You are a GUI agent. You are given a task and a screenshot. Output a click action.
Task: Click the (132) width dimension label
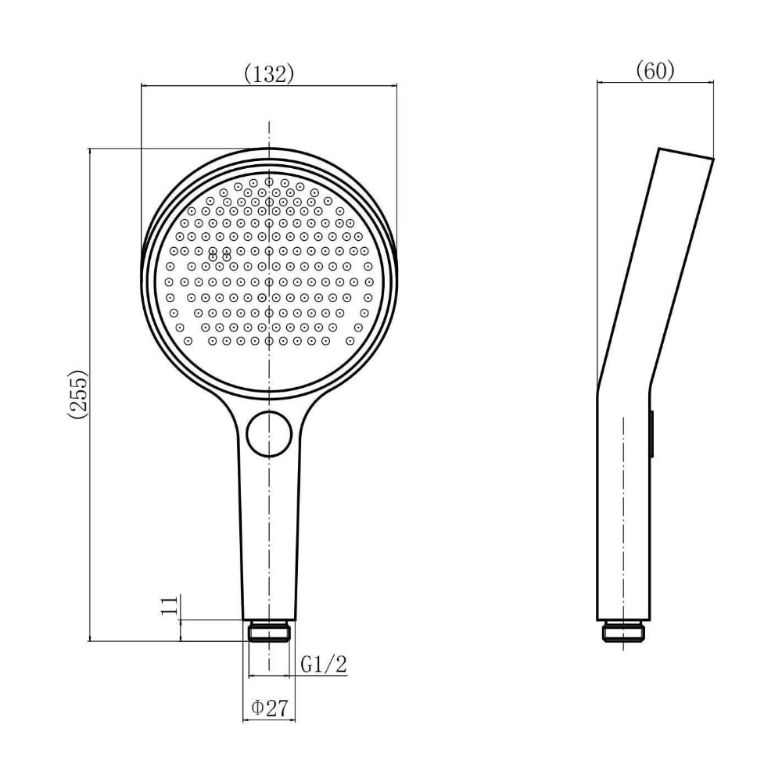click(x=269, y=74)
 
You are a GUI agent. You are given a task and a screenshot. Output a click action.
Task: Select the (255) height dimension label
click(x=77, y=394)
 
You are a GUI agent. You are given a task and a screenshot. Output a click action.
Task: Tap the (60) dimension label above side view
click(x=655, y=71)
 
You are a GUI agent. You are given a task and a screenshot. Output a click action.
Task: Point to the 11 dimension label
click(x=170, y=605)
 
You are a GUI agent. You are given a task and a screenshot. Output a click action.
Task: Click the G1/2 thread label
click(x=323, y=664)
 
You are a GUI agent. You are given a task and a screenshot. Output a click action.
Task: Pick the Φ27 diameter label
click(x=270, y=707)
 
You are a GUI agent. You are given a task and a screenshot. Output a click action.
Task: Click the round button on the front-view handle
click(x=269, y=434)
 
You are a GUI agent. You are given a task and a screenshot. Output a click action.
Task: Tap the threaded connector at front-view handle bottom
click(x=269, y=631)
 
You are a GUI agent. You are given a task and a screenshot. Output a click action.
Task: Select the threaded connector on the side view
click(x=623, y=631)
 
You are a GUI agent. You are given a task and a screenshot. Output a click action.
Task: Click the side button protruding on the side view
click(x=651, y=433)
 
